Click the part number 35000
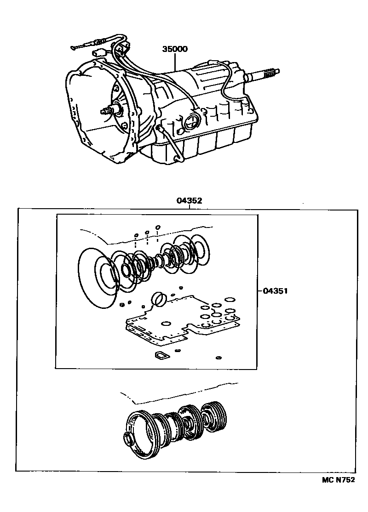pyautogui.click(x=174, y=49)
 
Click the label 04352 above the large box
pyautogui.click(x=189, y=201)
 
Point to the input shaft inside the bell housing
pyautogui.click(x=109, y=110)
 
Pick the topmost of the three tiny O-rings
pyautogui.click(x=158, y=227)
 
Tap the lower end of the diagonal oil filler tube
pyautogui.click(x=177, y=159)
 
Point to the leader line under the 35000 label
pyautogui.click(x=175, y=62)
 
